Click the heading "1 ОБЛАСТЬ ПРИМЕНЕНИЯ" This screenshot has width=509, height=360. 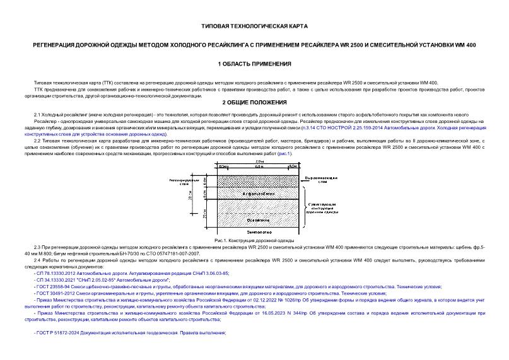(x=254, y=64)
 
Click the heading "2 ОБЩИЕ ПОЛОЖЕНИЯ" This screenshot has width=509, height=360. (x=254, y=102)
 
